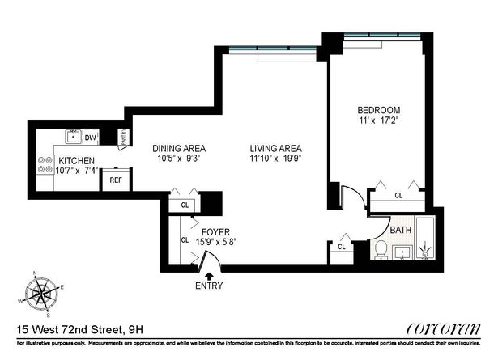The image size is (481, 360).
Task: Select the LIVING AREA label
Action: coord(275,148)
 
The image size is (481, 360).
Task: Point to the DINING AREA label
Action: coord(179,148)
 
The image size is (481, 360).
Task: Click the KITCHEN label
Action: coord(76,160)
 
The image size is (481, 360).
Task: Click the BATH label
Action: coord(401,230)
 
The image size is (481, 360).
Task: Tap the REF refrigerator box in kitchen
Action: coord(116,180)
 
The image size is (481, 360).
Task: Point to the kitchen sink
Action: coord(71,137)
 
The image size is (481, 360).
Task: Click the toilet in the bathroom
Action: coord(379,249)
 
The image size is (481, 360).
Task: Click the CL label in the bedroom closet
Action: coord(398,196)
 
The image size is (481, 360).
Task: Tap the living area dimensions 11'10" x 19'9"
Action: coord(275,159)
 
